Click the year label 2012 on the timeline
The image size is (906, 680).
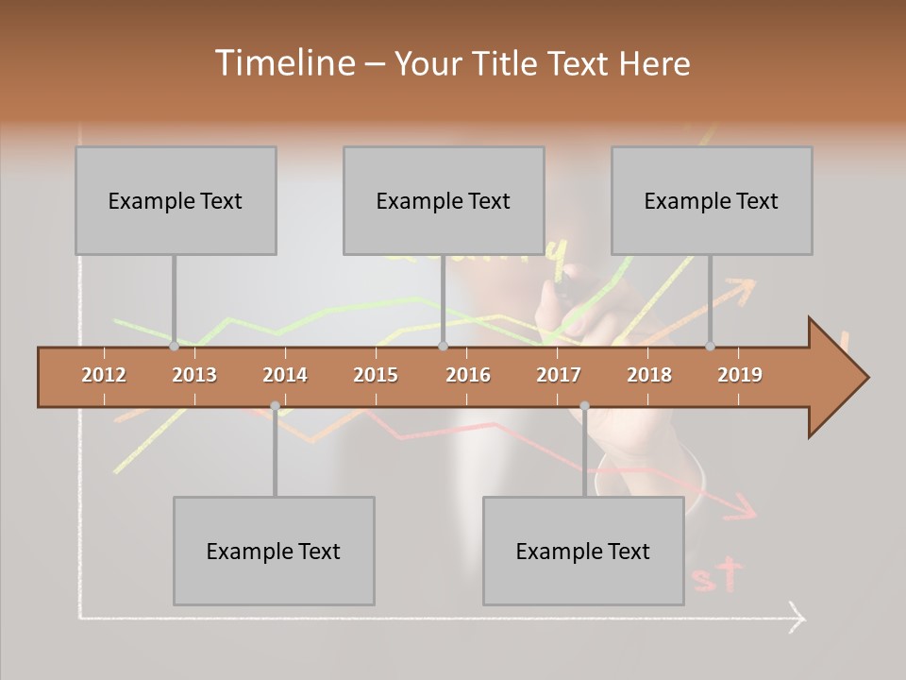(104, 375)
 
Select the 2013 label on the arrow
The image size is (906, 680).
(194, 375)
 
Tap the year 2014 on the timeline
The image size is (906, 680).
(285, 375)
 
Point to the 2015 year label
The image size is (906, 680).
(376, 375)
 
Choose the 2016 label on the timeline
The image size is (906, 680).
(468, 375)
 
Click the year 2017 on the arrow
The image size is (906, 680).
(559, 375)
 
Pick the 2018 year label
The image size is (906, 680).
(649, 375)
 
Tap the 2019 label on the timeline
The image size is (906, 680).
(740, 375)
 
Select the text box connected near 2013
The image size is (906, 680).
(176, 200)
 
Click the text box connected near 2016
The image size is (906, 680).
(444, 200)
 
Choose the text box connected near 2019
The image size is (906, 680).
(712, 200)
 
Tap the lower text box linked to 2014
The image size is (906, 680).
(274, 551)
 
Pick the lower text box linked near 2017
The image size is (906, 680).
(583, 551)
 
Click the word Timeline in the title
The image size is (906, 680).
(284, 63)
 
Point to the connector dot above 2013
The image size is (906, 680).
(175, 346)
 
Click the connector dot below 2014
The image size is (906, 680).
(275, 406)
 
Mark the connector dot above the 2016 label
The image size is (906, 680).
(443, 346)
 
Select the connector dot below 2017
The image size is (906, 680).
(584, 406)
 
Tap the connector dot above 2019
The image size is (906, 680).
(711, 346)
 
